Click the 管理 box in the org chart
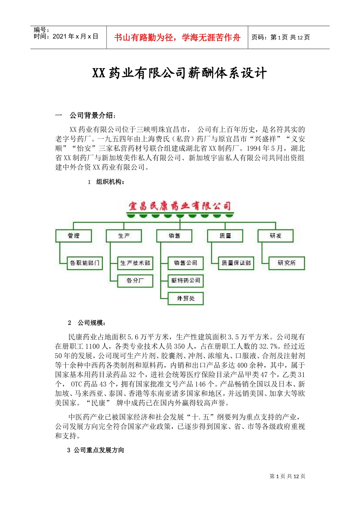(74, 236)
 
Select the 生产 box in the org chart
(124, 236)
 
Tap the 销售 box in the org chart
(174, 236)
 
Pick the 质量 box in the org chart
(225, 236)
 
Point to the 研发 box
(275, 236)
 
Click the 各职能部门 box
(85, 263)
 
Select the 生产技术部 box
(135, 263)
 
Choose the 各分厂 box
(135, 281)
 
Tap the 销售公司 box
(186, 263)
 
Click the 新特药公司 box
(186, 281)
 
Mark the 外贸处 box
(186, 298)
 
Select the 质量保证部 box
(236, 263)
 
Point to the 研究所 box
(286, 263)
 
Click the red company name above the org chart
(180, 206)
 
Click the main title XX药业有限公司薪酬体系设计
(180, 73)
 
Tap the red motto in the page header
(177, 37)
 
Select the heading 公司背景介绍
(93, 115)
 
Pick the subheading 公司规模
(91, 323)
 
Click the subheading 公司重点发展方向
(99, 450)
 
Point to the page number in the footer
(287, 476)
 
